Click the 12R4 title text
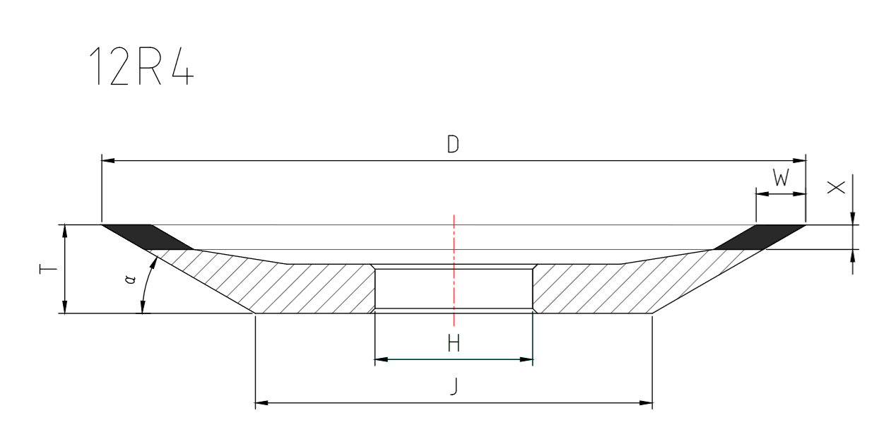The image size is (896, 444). (x=140, y=68)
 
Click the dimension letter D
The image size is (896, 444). (x=453, y=145)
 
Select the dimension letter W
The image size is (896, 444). (x=780, y=179)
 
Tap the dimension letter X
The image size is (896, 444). (x=836, y=187)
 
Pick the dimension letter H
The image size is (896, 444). (x=454, y=344)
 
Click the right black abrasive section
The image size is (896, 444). (x=760, y=236)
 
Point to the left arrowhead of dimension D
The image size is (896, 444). (x=108, y=161)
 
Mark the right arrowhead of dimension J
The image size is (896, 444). (x=646, y=404)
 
